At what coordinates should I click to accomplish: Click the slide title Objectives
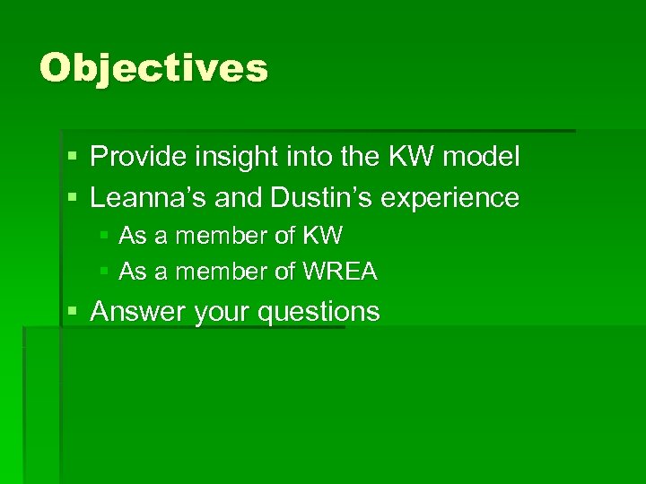153,68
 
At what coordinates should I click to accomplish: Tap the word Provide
135,158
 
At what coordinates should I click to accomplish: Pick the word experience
450,198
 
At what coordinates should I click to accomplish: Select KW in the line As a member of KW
324,236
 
